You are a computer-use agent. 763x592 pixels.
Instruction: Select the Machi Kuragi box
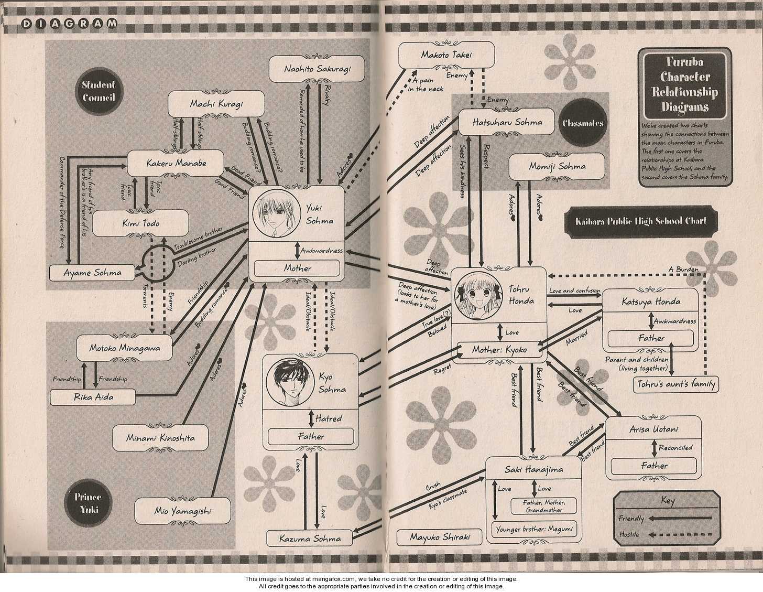tap(216, 104)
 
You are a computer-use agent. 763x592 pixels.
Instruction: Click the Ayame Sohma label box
tap(92, 273)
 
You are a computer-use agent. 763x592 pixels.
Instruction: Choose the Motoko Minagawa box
tap(124, 348)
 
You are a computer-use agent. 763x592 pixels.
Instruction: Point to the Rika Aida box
tap(93, 397)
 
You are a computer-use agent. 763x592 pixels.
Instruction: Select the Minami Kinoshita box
tap(160, 437)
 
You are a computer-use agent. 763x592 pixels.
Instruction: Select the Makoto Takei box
tap(447, 55)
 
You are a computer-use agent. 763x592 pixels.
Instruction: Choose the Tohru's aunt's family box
tap(675, 384)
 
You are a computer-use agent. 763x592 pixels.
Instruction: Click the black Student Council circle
tap(99, 91)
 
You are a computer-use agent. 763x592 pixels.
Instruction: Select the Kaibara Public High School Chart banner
tap(642, 221)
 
